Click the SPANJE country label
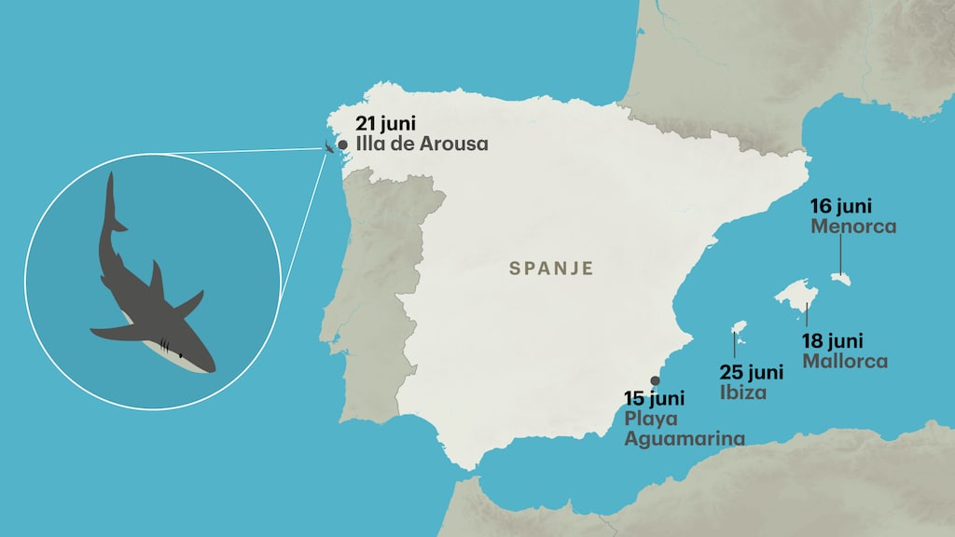click(551, 268)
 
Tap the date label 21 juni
click(385, 125)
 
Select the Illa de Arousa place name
click(422, 145)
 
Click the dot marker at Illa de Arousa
click(343, 145)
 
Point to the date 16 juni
click(842, 206)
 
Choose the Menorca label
click(853, 227)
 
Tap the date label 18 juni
click(833, 341)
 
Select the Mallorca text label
click(845, 361)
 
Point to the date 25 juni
click(751, 373)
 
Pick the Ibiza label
click(743, 392)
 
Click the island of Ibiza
click(739, 327)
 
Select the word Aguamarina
click(685, 438)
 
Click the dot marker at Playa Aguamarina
click(655, 380)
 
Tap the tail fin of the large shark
click(111, 210)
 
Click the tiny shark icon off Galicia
click(329, 145)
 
